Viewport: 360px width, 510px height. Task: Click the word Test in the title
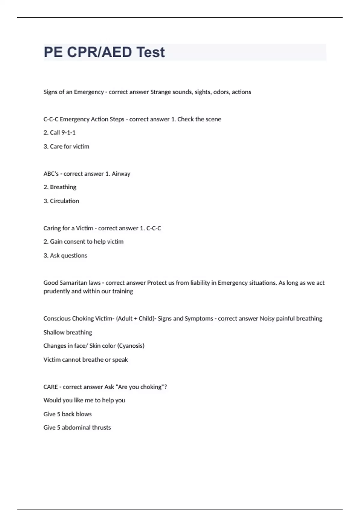click(150, 52)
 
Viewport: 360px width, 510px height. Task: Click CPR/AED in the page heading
click(99, 52)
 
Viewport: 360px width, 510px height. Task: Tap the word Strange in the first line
click(160, 92)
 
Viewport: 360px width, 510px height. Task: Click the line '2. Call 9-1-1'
click(59, 133)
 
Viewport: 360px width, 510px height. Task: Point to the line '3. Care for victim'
click(66, 146)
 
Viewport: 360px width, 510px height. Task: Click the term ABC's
click(51, 174)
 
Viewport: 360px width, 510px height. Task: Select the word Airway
click(121, 174)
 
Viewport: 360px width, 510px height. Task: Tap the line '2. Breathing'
click(60, 187)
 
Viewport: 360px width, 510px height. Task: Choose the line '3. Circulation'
click(61, 201)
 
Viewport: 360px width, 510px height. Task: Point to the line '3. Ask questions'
click(65, 256)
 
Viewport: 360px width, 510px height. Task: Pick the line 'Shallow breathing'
click(68, 332)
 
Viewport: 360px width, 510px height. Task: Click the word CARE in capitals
click(51, 387)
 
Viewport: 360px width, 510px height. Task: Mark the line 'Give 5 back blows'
click(67, 414)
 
